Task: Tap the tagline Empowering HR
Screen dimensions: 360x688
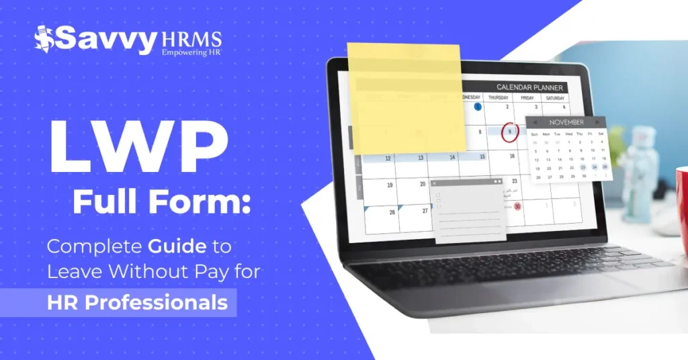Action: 191,50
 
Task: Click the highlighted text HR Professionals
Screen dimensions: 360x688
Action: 137,302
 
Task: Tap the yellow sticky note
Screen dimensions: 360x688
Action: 406,97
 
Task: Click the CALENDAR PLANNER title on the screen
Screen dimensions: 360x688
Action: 529,87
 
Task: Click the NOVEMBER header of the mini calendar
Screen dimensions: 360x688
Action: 566,123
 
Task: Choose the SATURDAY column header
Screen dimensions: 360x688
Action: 554,98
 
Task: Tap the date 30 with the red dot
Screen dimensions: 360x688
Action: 517,206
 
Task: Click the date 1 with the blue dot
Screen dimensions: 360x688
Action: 478,106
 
